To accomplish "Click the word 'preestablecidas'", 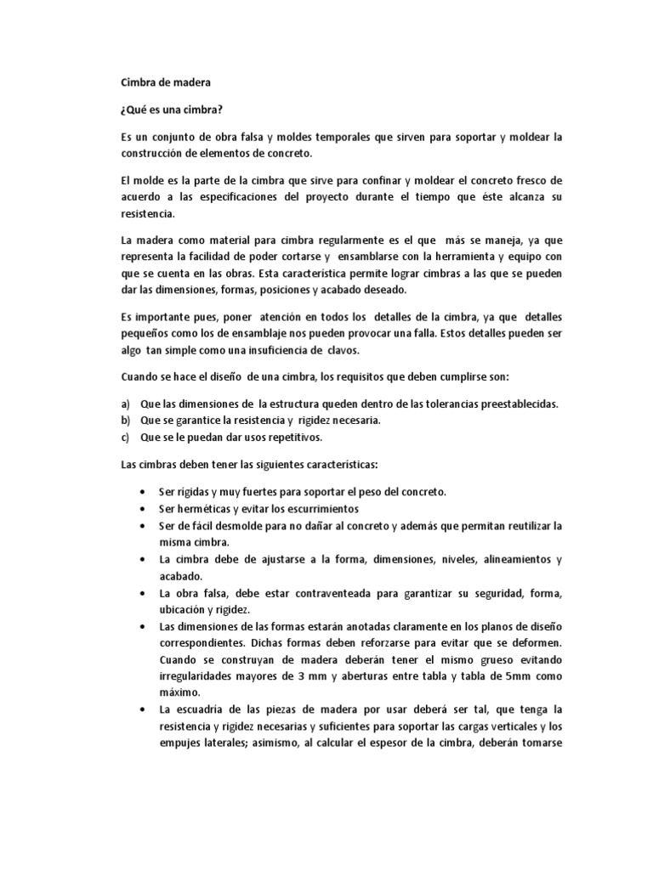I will click(x=516, y=404).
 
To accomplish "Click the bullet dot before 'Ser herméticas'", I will click(x=139, y=509).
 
